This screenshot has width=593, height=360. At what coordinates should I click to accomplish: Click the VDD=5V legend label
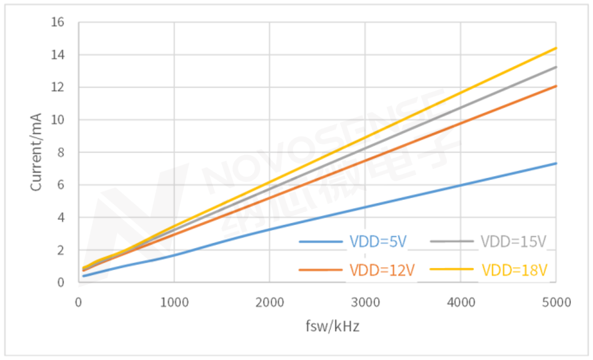(378, 242)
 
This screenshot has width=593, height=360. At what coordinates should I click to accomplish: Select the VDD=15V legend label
(514, 242)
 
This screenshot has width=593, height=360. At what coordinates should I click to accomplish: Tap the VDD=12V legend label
(382, 270)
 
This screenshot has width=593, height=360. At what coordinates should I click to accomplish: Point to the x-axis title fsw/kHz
(332, 327)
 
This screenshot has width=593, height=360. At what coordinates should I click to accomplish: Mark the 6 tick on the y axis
(61, 185)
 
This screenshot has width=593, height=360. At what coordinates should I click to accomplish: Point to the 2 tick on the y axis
(61, 250)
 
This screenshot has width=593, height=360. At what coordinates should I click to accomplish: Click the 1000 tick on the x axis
(174, 303)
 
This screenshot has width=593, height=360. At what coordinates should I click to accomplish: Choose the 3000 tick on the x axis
(365, 303)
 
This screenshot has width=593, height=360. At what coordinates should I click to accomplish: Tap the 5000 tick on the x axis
(556, 303)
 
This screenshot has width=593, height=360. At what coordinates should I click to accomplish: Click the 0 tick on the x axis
(79, 303)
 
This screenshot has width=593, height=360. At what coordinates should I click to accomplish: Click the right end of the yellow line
(556, 48)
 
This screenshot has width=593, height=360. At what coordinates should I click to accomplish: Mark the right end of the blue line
(556, 163)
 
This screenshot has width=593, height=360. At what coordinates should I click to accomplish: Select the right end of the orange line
(556, 86)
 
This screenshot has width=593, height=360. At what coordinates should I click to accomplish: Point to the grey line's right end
(556, 67)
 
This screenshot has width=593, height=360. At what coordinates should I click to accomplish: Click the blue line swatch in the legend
(321, 242)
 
